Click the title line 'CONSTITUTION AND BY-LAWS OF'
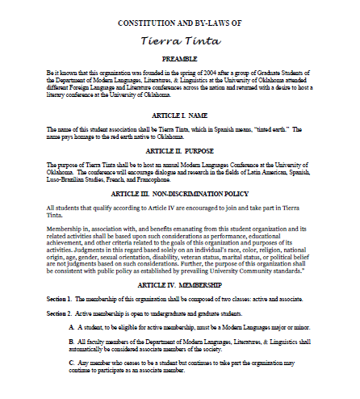(x=180, y=24)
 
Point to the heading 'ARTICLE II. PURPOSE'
(x=180, y=151)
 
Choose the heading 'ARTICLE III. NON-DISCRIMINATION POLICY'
(x=180, y=194)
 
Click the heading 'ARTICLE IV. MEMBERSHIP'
(x=180, y=286)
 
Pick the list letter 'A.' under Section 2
(x=71, y=327)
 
